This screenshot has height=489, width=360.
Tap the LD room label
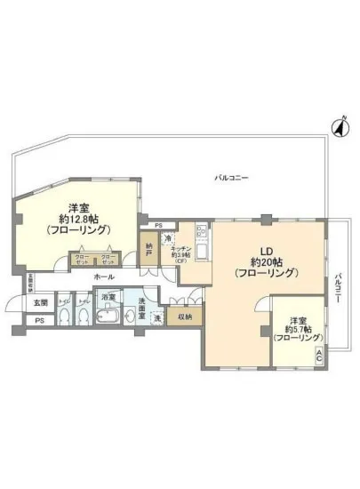tap(265, 250)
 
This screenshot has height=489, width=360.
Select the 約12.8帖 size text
tap(78, 219)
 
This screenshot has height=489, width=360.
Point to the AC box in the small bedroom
tap(319, 354)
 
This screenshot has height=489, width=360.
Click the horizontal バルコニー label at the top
tap(232, 178)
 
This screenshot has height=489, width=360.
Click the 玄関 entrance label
tap(28, 303)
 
